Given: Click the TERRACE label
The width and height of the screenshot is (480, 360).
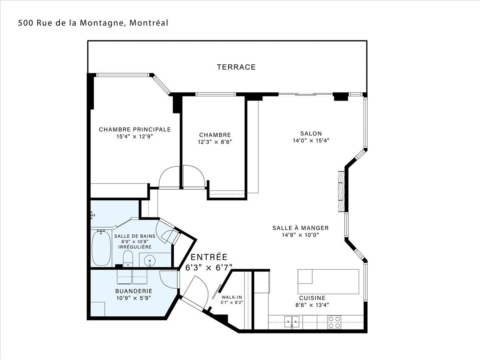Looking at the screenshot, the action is [x=236, y=67].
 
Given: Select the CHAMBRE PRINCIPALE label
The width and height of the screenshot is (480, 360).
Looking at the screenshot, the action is [x=135, y=129].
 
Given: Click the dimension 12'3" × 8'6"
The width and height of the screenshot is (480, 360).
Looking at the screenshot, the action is [x=215, y=142].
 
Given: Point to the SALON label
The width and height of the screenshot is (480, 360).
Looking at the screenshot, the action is [x=311, y=134].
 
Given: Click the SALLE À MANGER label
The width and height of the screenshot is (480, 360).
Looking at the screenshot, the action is [x=300, y=228].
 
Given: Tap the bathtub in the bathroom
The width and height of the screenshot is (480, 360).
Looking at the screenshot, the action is [x=101, y=249].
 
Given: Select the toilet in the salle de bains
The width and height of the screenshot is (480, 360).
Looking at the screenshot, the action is [x=128, y=259].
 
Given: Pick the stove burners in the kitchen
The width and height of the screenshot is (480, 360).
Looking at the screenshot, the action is [x=334, y=322].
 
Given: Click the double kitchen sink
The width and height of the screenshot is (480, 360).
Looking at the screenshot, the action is [x=292, y=322].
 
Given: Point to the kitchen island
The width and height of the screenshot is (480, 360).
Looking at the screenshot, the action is [x=328, y=282].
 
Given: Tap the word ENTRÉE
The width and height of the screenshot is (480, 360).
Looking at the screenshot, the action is [x=209, y=257].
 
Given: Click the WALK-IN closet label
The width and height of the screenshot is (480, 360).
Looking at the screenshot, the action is [x=232, y=297].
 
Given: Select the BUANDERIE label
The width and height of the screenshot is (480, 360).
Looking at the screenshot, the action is [x=134, y=291].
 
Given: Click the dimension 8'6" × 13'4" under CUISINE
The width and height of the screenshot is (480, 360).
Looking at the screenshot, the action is [x=312, y=305].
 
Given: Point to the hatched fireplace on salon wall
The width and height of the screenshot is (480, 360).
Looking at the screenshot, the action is [x=341, y=191].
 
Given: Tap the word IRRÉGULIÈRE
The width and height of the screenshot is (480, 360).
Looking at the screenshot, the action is [x=135, y=247].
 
